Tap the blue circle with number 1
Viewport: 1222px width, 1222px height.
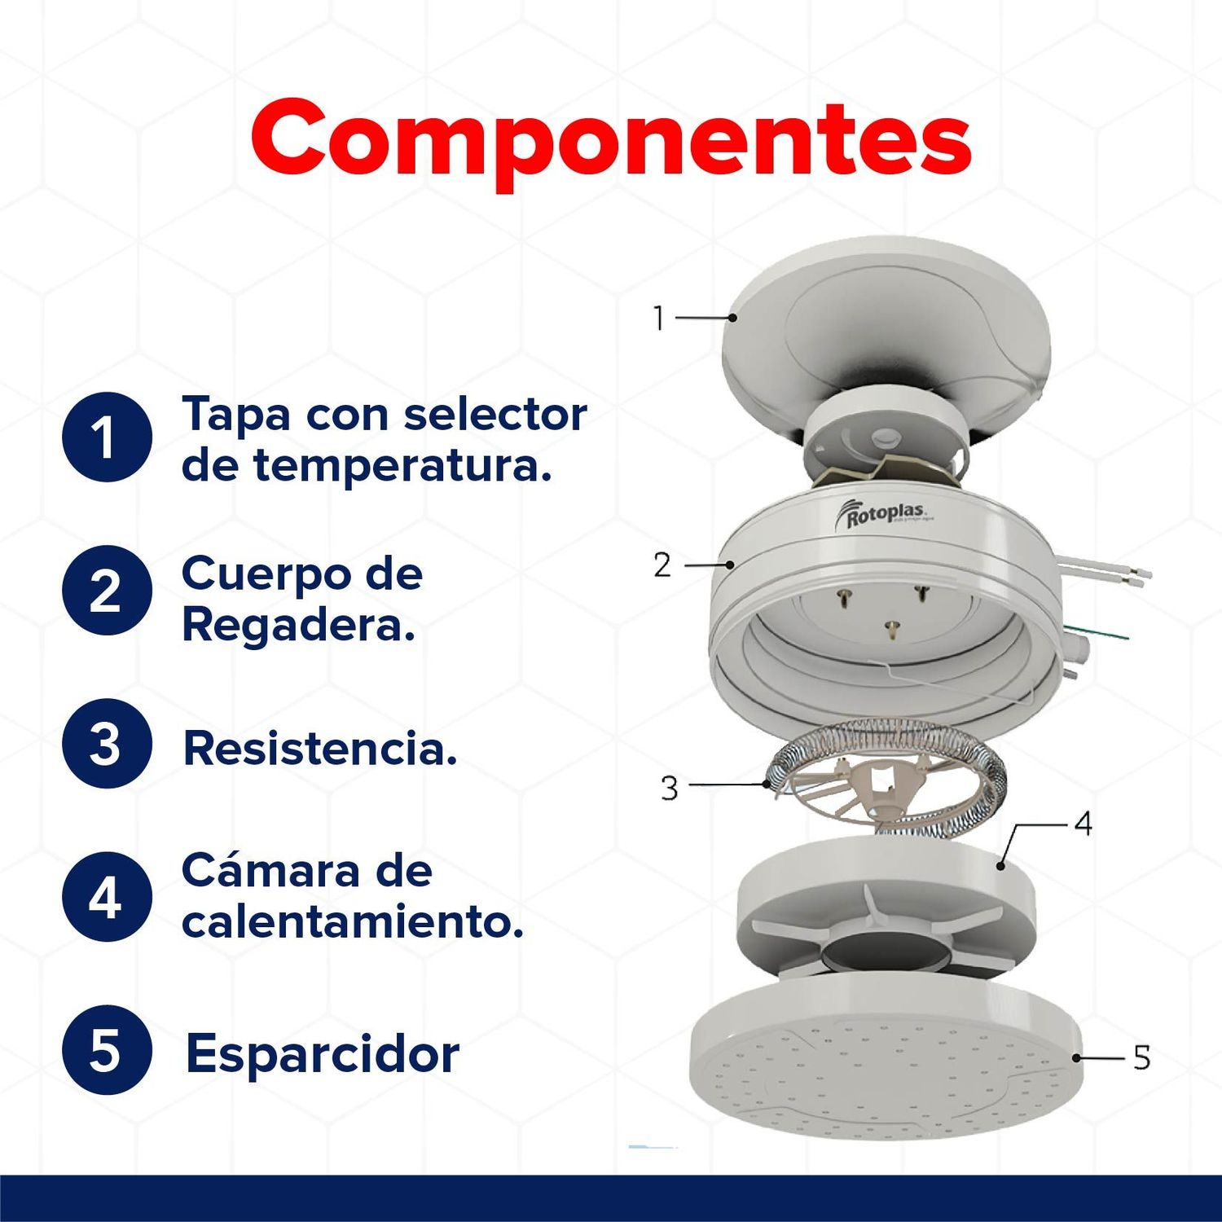[x=107, y=437]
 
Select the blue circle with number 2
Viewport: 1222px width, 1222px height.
[x=107, y=590]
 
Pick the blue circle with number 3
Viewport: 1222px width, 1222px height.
[x=107, y=743]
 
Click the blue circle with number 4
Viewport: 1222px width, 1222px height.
[x=107, y=896]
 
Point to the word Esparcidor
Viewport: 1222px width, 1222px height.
[x=323, y=1054]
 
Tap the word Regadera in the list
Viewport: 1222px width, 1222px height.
[x=298, y=626]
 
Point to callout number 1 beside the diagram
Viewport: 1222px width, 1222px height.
[x=659, y=318]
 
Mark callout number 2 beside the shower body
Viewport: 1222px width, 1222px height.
[x=662, y=565]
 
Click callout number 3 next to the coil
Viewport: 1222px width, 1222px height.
[x=669, y=788]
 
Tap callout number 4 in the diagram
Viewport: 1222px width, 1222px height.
[x=1083, y=824]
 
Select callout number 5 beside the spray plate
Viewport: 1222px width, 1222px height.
[x=1141, y=1057]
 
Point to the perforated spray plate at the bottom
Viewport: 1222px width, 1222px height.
[x=884, y=1075]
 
